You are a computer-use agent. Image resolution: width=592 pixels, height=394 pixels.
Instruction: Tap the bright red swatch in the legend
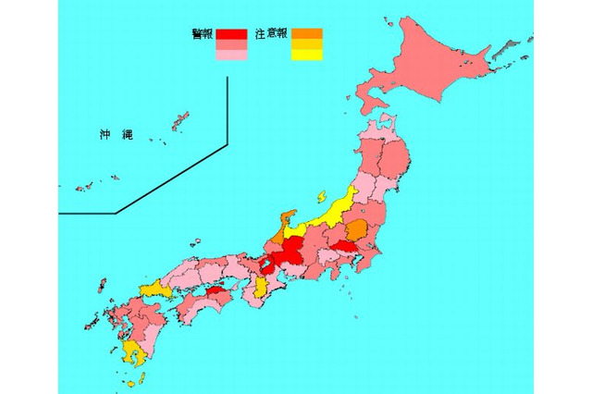coord(231,35)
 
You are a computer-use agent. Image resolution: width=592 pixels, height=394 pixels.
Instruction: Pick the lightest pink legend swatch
coord(231,55)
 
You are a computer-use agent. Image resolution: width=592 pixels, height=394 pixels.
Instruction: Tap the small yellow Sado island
coord(323,197)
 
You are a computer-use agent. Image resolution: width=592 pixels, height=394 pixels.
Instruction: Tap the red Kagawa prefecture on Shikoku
coord(215,291)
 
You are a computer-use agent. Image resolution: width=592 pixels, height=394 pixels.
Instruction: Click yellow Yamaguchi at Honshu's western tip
coord(154,290)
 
